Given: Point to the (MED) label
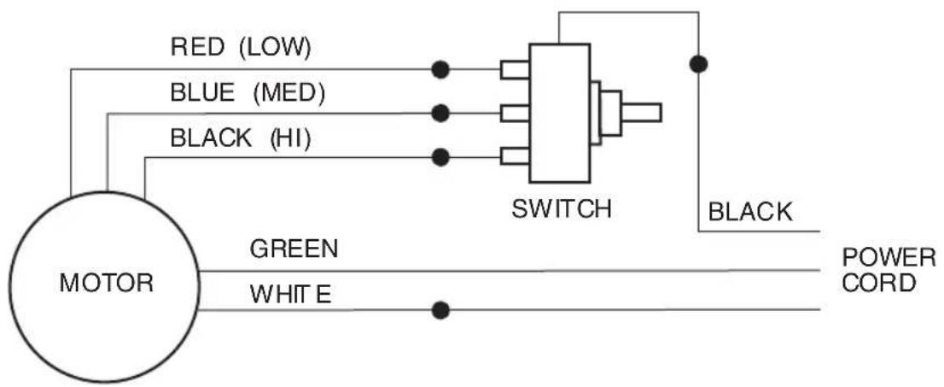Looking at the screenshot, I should [x=289, y=93].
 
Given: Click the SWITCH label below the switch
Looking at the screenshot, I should [x=561, y=209].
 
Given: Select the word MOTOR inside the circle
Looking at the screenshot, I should [x=107, y=283].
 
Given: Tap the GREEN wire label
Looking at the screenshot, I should [x=294, y=249].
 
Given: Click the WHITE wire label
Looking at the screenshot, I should [x=290, y=295].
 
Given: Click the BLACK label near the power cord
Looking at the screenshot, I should [x=750, y=212].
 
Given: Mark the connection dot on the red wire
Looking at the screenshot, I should [x=440, y=70].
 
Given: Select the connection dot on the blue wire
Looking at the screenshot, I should [x=440, y=113].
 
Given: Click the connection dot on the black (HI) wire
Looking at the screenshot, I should [x=440, y=157].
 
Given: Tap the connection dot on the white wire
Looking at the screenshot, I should [x=440, y=310].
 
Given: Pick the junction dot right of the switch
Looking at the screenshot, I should [x=698, y=64].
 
